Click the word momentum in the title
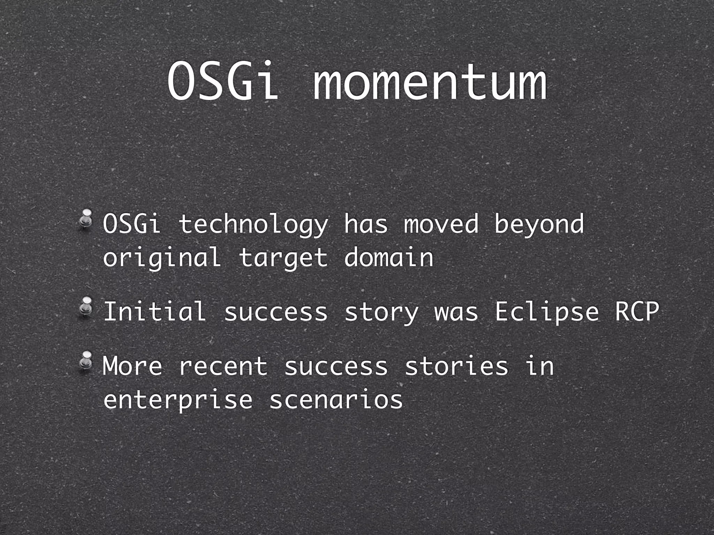(x=429, y=84)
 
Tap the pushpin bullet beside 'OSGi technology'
(x=85, y=220)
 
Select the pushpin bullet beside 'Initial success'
(x=85, y=307)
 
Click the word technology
(x=253, y=225)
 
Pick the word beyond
(x=539, y=225)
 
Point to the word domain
(x=389, y=257)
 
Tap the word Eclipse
(x=546, y=312)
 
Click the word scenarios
(x=336, y=400)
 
